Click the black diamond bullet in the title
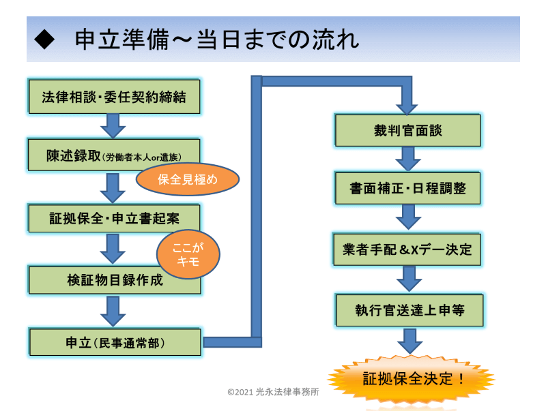[44, 40]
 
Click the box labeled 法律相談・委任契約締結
[114, 97]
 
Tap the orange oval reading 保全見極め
[188, 179]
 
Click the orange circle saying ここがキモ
[188, 254]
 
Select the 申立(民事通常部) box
[115, 342]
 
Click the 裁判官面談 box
[407, 130]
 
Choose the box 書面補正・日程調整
[407, 188]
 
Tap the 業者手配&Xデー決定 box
[407, 249]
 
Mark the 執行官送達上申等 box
[409, 310]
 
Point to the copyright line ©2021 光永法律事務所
[274, 392]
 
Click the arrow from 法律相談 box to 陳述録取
[113, 126]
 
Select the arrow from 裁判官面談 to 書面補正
[408, 159]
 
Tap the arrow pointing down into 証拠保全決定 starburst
[410, 341]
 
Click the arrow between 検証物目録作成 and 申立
[113, 311]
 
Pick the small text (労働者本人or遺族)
[142, 157]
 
